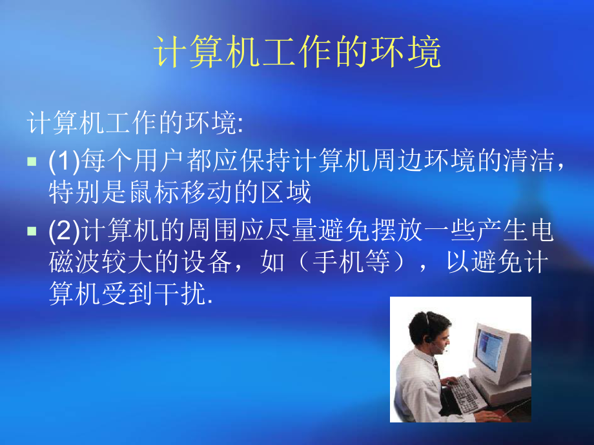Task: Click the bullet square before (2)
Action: coord(32,231)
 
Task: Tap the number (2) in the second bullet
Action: coord(63,231)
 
